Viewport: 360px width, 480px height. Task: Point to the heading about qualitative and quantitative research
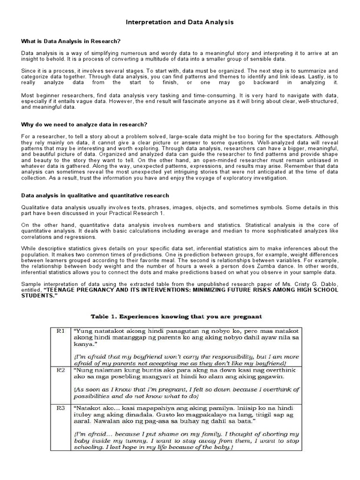pyautogui.click(x=95, y=195)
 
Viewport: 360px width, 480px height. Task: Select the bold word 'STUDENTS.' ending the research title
pyautogui.click(x=39, y=296)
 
